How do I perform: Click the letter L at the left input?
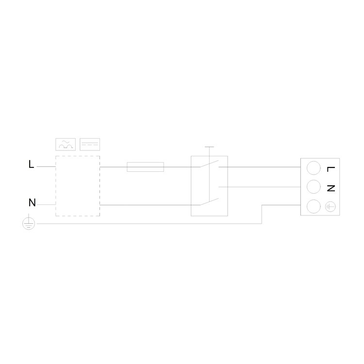(x=31, y=164)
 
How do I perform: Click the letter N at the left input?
(x=32, y=202)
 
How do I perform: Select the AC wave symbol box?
(x=66, y=145)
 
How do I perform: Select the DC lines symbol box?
(x=90, y=145)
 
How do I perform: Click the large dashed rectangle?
(x=55, y=186)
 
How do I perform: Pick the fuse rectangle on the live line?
(x=145, y=167)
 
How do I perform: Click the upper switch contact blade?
(x=209, y=164)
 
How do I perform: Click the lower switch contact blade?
(x=209, y=202)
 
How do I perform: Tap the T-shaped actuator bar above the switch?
(x=209, y=147)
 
